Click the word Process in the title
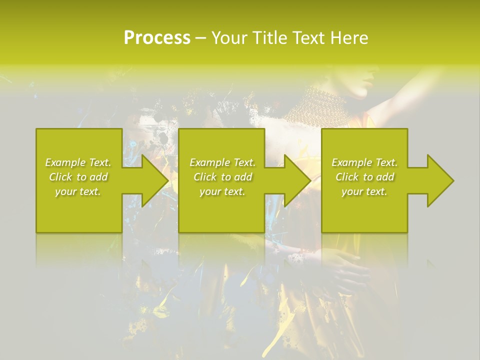[x=157, y=38]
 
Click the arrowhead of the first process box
[x=155, y=180]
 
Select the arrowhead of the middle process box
[x=297, y=180]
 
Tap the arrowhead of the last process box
[x=440, y=180]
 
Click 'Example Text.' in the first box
[x=78, y=162]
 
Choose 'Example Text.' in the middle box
[x=222, y=162]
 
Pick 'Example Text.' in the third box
[x=364, y=162]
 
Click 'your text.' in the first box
[x=78, y=191]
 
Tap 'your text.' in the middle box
[x=222, y=191]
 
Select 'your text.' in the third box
[x=364, y=191]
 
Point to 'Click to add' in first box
[x=78, y=177]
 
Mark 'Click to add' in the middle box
[x=222, y=177]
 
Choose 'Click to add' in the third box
[x=364, y=177]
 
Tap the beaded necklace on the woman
[x=315, y=105]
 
